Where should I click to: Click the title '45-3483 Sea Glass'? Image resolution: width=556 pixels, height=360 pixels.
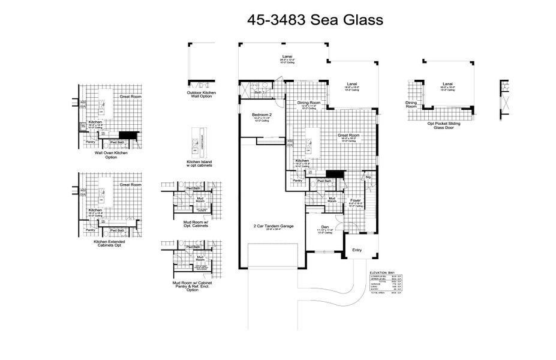[315, 20]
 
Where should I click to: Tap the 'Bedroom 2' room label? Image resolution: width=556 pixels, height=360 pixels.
[262, 114]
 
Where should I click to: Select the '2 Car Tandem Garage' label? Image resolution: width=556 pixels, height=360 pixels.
[273, 226]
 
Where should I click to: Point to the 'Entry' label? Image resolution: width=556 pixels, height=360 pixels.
[357, 250]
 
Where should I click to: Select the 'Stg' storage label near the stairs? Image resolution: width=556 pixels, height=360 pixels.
[368, 178]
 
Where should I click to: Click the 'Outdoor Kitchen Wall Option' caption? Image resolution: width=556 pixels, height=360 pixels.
[202, 95]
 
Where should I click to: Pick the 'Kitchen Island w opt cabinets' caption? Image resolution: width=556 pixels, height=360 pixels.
[199, 164]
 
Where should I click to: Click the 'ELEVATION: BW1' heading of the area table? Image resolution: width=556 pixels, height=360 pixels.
[384, 272]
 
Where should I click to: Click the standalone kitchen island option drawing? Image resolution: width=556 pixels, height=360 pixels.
[199, 142]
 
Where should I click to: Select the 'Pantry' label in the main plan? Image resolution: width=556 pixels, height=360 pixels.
[297, 180]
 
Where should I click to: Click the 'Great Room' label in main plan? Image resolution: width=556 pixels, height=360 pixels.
[347, 136]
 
